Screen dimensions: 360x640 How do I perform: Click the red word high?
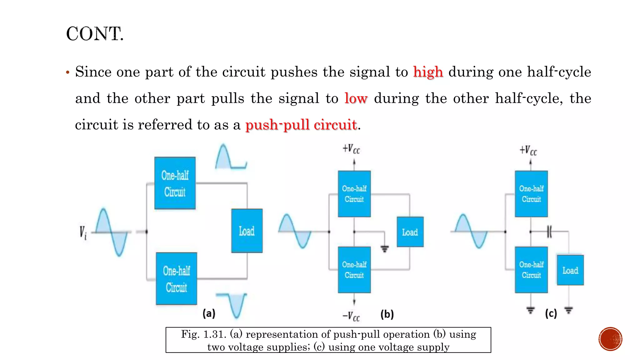coord(428,72)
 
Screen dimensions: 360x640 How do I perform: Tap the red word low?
coord(356,99)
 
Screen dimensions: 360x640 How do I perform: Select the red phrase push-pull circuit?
coord(301,125)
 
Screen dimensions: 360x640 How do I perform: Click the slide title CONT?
coord(95,34)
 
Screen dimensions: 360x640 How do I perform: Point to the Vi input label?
coord(83,233)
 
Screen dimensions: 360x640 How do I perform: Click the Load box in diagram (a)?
coord(247,231)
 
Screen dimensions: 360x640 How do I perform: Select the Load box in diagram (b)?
coord(410,232)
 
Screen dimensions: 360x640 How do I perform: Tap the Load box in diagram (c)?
coord(570,270)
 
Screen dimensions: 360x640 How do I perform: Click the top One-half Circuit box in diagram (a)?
coord(175,183)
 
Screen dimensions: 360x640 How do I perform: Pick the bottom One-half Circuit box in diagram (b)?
coord(354,270)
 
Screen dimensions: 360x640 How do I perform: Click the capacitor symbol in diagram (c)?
coord(549,232)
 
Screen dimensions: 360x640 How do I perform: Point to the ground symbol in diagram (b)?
coord(385,249)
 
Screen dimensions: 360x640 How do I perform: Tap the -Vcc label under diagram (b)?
coord(351,316)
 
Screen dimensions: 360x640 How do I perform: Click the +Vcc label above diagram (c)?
coord(528,151)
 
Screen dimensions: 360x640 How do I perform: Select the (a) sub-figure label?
coord(209,313)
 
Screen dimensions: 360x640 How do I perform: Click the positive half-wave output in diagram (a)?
coord(231,157)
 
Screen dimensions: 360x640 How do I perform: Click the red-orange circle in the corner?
coord(610,339)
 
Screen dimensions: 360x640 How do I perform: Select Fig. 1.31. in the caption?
coord(203,334)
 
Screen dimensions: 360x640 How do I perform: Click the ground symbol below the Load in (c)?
coord(568,310)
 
